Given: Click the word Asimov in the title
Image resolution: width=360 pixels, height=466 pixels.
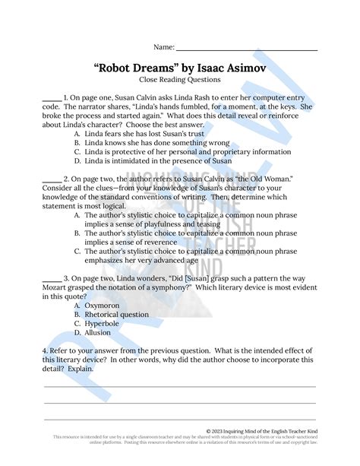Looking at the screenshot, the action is tap(243, 67).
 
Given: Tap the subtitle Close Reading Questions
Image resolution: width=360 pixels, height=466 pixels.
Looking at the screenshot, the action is tap(180, 80).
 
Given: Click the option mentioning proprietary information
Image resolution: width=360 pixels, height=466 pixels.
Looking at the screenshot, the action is tap(187, 151).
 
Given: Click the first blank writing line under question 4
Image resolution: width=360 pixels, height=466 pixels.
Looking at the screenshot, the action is tap(180, 387).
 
